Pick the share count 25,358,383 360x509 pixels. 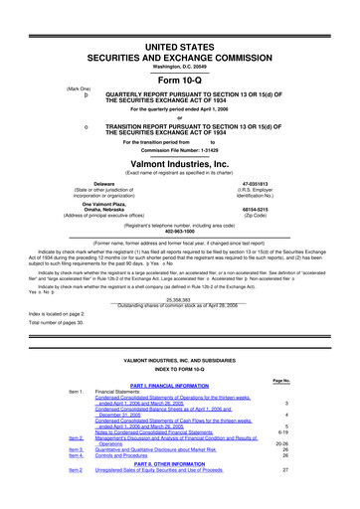click(180, 297)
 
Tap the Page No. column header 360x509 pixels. click(282, 379)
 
